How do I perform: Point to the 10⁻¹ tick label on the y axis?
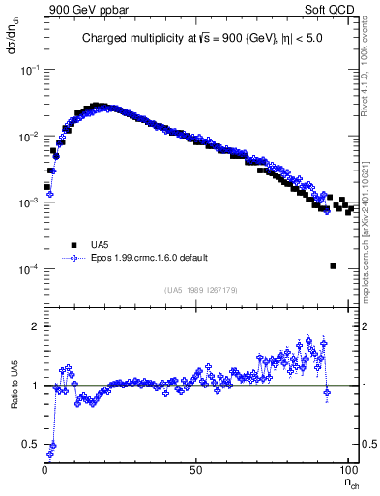[29, 71]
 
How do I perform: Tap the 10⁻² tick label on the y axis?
[29, 137]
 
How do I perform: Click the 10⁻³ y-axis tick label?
[29, 202]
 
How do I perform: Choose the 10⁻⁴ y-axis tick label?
[29, 268]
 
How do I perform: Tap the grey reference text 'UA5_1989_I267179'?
[203, 289]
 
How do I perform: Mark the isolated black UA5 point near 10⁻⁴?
[333, 266]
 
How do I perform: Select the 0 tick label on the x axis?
[45, 468]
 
